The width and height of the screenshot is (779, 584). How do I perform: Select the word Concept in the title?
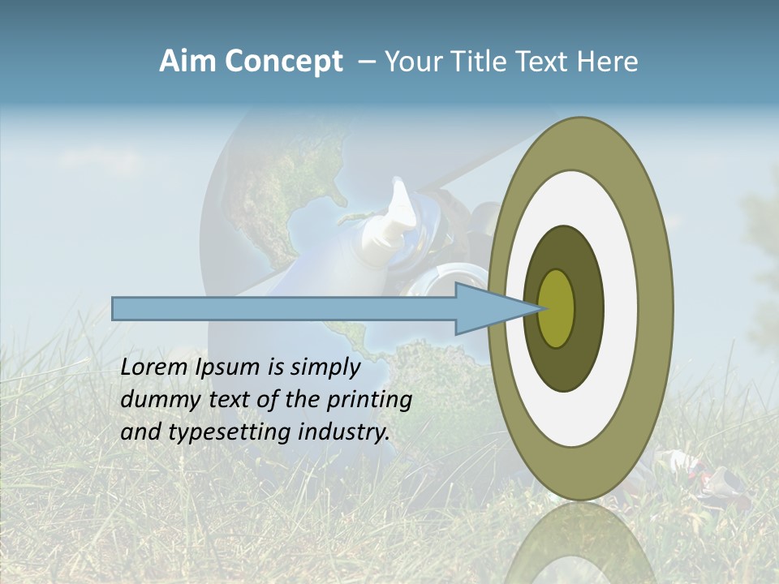283,62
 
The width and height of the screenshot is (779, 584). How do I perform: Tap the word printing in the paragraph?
368,400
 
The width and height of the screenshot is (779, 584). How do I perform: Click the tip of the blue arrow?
539,308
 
